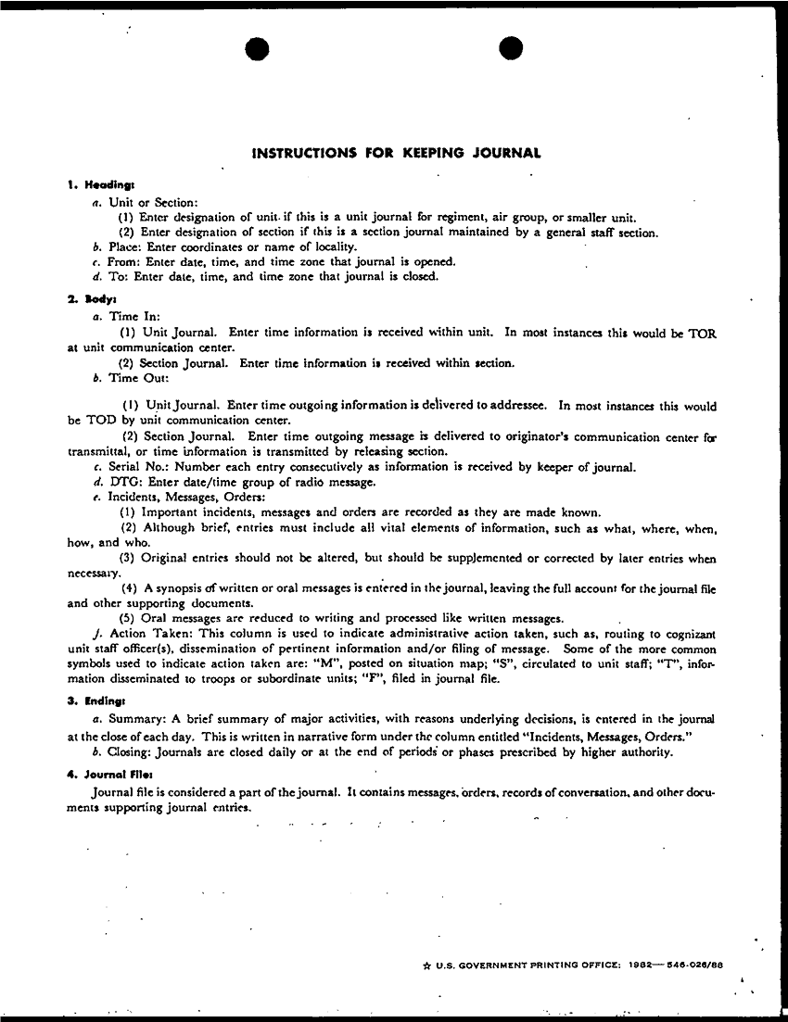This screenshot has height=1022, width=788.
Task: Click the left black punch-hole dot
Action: coord(259,50)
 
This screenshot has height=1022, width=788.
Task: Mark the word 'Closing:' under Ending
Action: coord(134,751)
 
